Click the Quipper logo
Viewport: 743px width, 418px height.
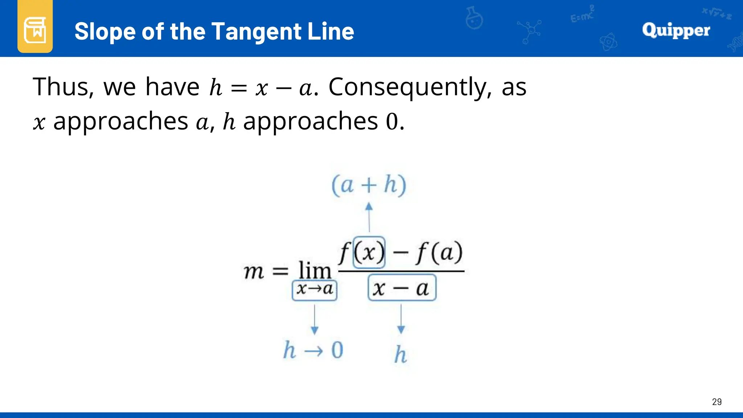[x=676, y=30]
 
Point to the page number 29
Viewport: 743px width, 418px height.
[x=717, y=402]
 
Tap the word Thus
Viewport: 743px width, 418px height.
[x=64, y=87]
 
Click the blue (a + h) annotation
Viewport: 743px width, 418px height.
[x=369, y=185]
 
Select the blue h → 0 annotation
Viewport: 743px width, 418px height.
[x=313, y=350]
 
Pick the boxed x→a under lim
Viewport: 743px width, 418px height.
[x=315, y=290]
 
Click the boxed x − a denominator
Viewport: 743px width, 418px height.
[x=402, y=289]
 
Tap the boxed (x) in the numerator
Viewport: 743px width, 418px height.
[x=369, y=253]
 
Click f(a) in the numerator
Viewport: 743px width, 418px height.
[x=439, y=253]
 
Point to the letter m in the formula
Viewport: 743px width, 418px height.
[x=254, y=271]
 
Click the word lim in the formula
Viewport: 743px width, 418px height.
[x=315, y=270]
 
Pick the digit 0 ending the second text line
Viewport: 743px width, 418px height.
[x=392, y=122]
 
